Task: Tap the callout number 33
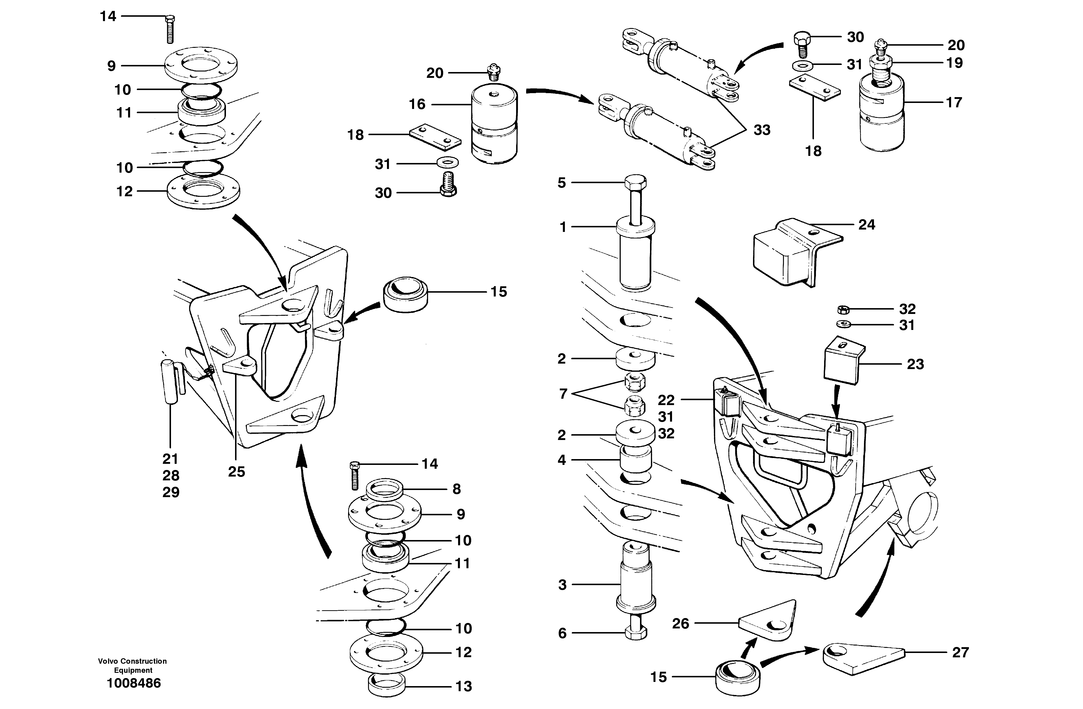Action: tap(762, 130)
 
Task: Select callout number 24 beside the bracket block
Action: tap(866, 225)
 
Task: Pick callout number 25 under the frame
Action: tap(236, 472)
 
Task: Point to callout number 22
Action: tap(666, 400)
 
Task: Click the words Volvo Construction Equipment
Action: tap(132, 665)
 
